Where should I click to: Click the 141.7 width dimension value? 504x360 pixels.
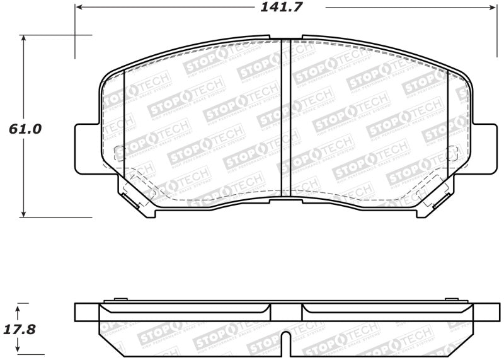(x=285, y=8)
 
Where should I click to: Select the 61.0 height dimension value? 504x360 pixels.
(x=24, y=129)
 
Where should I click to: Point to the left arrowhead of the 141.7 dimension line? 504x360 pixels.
(x=78, y=8)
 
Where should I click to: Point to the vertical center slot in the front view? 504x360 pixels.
(x=285, y=117)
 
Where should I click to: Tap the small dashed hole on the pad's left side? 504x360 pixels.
(x=118, y=151)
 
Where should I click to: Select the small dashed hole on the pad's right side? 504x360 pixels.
(x=452, y=151)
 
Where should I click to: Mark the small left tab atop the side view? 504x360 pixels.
(x=120, y=300)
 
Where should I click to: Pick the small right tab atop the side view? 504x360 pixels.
(x=451, y=300)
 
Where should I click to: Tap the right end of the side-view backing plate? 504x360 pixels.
(x=484, y=312)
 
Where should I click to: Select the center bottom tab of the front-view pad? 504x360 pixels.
(x=285, y=200)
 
